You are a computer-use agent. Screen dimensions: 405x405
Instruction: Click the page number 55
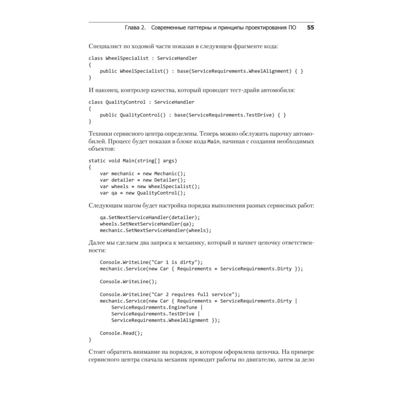[x=311, y=28]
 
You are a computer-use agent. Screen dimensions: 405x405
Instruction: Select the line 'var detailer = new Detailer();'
[x=143, y=180]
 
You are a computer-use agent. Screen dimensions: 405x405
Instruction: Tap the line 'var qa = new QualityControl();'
[x=143, y=193]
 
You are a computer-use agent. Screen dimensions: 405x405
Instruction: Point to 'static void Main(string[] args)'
[x=133, y=160]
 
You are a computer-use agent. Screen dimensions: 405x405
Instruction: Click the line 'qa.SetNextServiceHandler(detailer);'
[x=150, y=217]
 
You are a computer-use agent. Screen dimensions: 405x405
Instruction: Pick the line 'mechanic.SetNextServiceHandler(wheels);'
[x=156, y=230]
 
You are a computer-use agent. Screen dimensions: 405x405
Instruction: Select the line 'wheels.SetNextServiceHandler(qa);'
[x=147, y=224]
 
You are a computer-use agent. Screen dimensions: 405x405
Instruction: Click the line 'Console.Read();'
[x=122, y=333]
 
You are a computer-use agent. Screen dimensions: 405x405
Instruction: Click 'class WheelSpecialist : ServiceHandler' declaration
[x=143, y=58]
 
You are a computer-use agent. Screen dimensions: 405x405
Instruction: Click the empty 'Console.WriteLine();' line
[x=128, y=281]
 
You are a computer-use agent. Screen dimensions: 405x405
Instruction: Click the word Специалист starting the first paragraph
[x=103, y=46]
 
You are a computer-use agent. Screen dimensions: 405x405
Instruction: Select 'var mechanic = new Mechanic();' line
[x=143, y=173]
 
